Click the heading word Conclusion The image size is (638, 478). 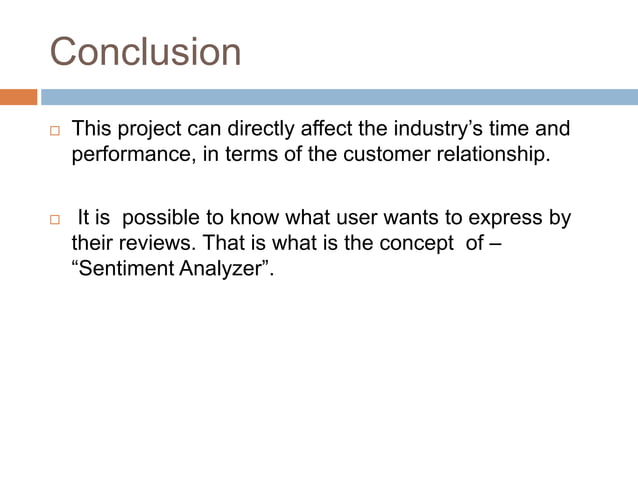coord(145,52)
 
